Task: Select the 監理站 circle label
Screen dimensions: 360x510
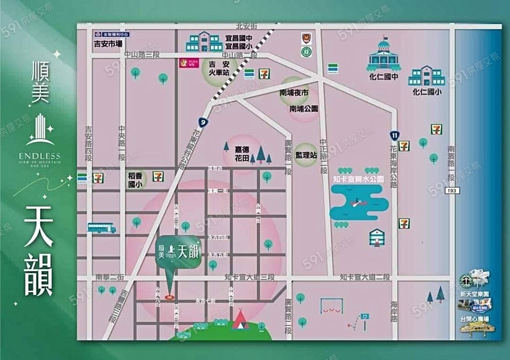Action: click(x=305, y=154)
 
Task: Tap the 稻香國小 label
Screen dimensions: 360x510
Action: click(x=135, y=180)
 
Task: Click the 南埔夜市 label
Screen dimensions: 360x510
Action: click(x=294, y=92)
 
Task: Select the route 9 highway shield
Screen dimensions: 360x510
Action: click(x=202, y=121)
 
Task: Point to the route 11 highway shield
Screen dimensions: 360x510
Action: click(x=394, y=135)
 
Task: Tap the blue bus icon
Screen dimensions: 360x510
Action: click(x=102, y=227)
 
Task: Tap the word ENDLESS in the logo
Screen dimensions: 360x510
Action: click(x=39, y=156)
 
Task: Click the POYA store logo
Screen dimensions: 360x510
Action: click(x=185, y=63)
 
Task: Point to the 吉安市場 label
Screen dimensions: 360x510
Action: click(x=108, y=43)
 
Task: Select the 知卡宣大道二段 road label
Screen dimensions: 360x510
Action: click(x=365, y=277)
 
